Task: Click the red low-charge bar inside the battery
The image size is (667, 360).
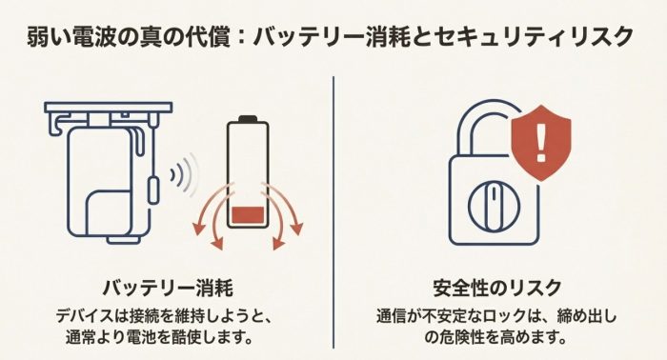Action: tap(248, 214)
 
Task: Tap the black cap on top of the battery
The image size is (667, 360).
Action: tap(248, 119)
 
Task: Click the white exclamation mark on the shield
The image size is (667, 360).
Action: tap(540, 143)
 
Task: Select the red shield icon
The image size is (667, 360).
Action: tap(541, 143)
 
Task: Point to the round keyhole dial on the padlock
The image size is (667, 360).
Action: tap(494, 206)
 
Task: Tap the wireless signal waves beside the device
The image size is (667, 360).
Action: tap(185, 174)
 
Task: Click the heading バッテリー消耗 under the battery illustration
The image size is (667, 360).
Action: tap(168, 289)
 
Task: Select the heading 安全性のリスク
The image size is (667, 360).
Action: tap(497, 289)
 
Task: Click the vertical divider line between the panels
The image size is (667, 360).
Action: tap(333, 212)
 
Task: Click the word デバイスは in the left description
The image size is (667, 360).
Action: tap(90, 316)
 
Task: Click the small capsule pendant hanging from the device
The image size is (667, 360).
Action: tap(153, 190)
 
